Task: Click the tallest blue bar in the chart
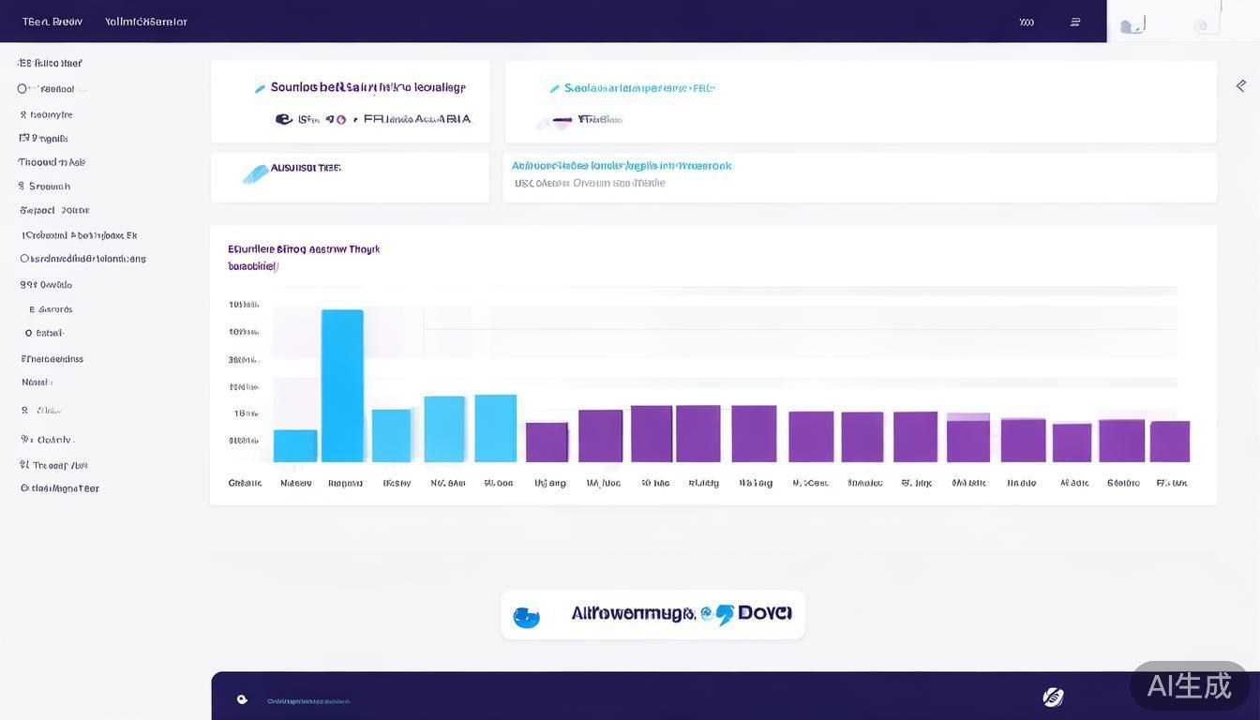pos(342,385)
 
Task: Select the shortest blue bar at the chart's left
pos(295,446)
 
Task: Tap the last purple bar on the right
pos(1170,442)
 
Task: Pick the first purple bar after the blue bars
pos(547,442)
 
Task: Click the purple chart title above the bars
pos(304,249)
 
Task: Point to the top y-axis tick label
pos(244,305)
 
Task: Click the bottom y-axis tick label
pos(244,440)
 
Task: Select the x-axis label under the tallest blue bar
pos(345,483)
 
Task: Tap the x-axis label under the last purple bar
pos(1172,483)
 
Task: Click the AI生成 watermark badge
pos(1190,685)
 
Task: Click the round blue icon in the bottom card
pos(527,617)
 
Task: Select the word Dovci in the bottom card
pos(765,613)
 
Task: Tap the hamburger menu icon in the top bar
pos(1075,22)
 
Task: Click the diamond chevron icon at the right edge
pos(1241,85)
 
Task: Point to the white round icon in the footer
pos(1053,697)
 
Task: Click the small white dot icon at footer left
pos(242,699)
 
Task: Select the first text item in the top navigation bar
pos(52,22)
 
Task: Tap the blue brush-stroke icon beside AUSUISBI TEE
pos(254,173)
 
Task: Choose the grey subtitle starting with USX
pos(590,183)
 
